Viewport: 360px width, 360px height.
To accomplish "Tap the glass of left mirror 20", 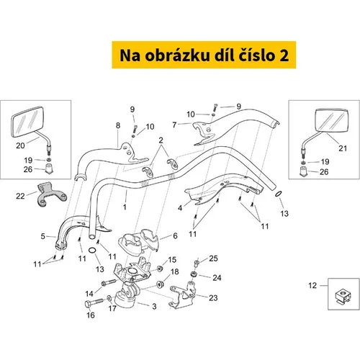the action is pyautogui.click(x=27, y=122).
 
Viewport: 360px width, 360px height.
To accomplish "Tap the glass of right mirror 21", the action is pyautogui.click(x=331, y=120).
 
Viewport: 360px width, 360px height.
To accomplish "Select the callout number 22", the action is pyautogui.click(x=20, y=196).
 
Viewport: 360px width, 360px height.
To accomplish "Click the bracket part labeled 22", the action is pyautogui.click(x=51, y=194).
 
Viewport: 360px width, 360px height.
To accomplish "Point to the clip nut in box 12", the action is pyautogui.click(x=343, y=296).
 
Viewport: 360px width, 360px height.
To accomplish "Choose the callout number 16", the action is pyautogui.click(x=91, y=315).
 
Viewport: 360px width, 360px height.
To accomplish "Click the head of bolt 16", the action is pyautogui.click(x=89, y=304).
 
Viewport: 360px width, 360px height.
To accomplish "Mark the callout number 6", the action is pyautogui.click(x=175, y=235).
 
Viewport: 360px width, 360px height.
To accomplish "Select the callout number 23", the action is pyautogui.click(x=213, y=298).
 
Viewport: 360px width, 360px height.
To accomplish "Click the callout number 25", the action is pyautogui.click(x=213, y=258).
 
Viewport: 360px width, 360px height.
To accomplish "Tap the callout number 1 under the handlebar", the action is pyautogui.click(x=125, y=207).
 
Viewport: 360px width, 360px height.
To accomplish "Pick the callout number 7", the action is pyautogui.click(x=174, y=125).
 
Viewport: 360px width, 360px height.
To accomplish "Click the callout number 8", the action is pyautogui.click(x=118, y=125).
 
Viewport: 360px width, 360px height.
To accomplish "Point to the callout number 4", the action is pyautogui.click(x=180, y=208).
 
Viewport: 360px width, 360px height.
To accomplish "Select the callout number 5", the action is pyautogui.click(x=42, y=236).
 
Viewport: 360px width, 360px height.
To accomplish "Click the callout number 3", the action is pyautogui.click(x=154, y=306).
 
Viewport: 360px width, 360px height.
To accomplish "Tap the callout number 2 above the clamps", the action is pyautogui.click(x=161, y=140).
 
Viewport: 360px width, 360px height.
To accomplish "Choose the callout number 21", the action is pyautogui.click(x=343, y=148).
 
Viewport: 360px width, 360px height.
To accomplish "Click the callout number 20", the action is pyautogui.click(x=20, y=145).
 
